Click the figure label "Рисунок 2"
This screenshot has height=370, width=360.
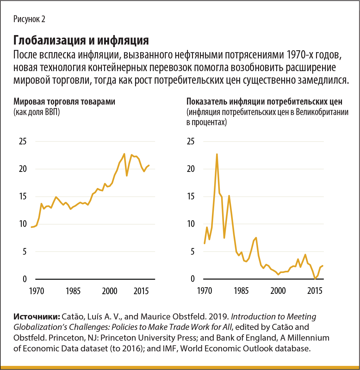[29, 19]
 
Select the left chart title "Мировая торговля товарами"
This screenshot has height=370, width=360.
[64, 102]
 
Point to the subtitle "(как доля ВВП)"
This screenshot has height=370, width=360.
[36, 112]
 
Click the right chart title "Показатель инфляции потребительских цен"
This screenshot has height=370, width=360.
[264, 102]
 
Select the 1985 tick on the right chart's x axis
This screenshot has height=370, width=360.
[242, 291]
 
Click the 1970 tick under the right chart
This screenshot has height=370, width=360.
[205, 291]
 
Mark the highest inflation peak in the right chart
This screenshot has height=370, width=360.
[217, 154]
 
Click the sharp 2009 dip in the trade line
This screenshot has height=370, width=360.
[127, 175]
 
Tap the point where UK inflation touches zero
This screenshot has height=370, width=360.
[315, 279]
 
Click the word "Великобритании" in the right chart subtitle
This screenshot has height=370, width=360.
[322, 112]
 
